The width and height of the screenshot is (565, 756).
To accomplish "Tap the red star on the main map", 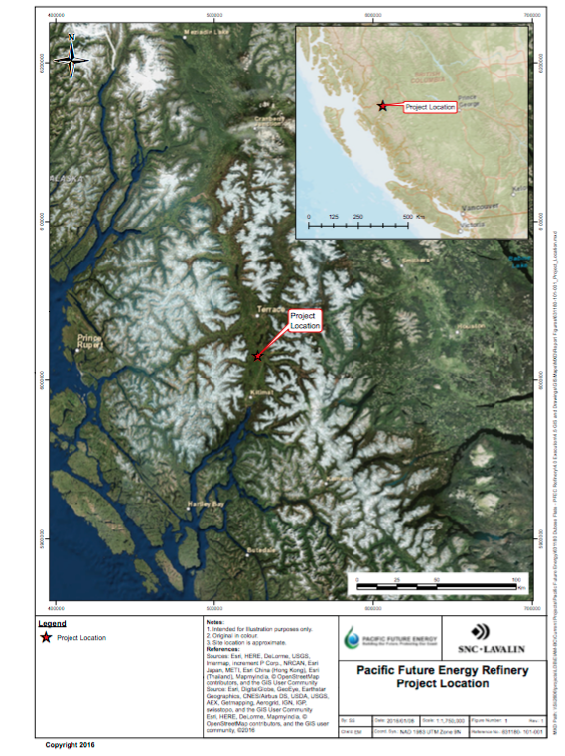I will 259,355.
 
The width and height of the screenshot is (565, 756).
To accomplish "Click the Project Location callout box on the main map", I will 305,320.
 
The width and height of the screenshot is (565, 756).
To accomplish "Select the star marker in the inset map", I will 381,105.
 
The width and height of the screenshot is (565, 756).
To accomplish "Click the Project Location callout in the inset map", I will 430,107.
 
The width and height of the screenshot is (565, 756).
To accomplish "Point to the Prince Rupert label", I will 90,343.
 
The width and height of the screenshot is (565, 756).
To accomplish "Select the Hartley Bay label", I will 203,504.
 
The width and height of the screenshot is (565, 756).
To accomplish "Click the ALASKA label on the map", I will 73,180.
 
